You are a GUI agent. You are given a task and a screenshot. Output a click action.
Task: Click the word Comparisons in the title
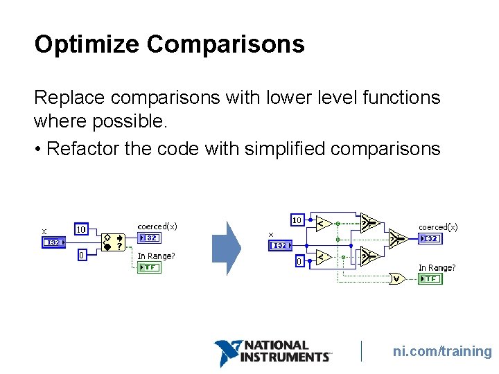tap(225, 44)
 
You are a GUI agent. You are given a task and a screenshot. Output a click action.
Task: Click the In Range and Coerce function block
tap(112, 242)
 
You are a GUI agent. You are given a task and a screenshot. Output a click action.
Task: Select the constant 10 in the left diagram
tap(81, 229)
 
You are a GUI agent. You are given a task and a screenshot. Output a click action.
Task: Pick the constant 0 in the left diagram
tap(81, 255)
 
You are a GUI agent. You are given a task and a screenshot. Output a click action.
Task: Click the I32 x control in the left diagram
tap(53, 242)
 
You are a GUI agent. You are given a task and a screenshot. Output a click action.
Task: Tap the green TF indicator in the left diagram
tap(149, 267)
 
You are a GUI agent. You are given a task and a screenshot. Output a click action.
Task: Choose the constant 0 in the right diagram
tap(299, 262)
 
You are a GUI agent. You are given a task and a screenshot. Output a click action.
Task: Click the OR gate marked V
tap(397, 278)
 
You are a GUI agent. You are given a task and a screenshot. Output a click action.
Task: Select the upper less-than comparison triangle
tap(322, 223)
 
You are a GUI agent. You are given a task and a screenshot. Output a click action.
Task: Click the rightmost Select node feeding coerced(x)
tap(397, 239)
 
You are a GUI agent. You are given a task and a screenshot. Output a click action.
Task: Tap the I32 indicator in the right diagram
tap(430, 238)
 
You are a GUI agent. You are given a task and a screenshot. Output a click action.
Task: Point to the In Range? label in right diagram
tap(437, 267)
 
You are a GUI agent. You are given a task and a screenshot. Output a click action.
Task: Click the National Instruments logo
tap(272, 352)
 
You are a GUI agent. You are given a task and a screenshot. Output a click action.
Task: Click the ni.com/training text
tap(441, 351)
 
